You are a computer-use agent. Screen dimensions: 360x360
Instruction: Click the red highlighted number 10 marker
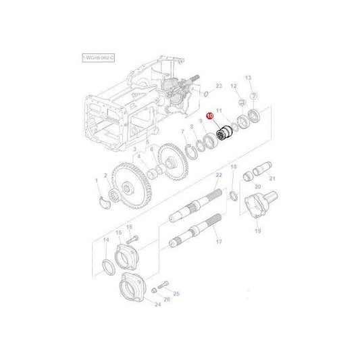(210, 116)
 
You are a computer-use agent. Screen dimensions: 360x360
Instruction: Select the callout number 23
(218, 86)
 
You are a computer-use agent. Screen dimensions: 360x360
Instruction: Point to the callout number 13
(248, 78)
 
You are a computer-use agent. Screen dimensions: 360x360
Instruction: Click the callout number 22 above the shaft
(218, 175)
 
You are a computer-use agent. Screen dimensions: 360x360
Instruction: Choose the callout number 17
(218, 240)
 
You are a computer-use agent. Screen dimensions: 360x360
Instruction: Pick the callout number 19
(257, 230)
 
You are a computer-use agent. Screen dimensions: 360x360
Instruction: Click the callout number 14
(105, 240)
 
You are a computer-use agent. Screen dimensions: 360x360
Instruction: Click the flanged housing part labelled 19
(259, 205)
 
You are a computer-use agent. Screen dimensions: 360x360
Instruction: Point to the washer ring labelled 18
(233, 196)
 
